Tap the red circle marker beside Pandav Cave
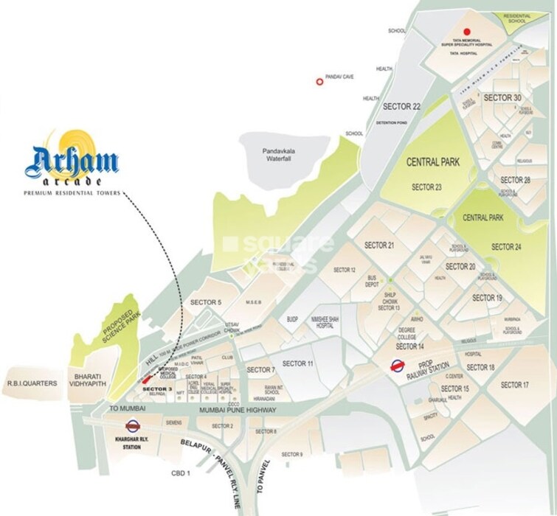point(319,83)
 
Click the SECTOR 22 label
point(402,107)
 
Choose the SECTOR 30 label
point(502,98)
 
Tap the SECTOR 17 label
point(515,385)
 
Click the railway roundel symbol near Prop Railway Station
point(397,364)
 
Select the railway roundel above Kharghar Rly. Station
point(133,425)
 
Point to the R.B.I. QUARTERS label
point(32,383)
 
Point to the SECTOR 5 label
point(206,302)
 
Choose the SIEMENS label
point(173,422)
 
